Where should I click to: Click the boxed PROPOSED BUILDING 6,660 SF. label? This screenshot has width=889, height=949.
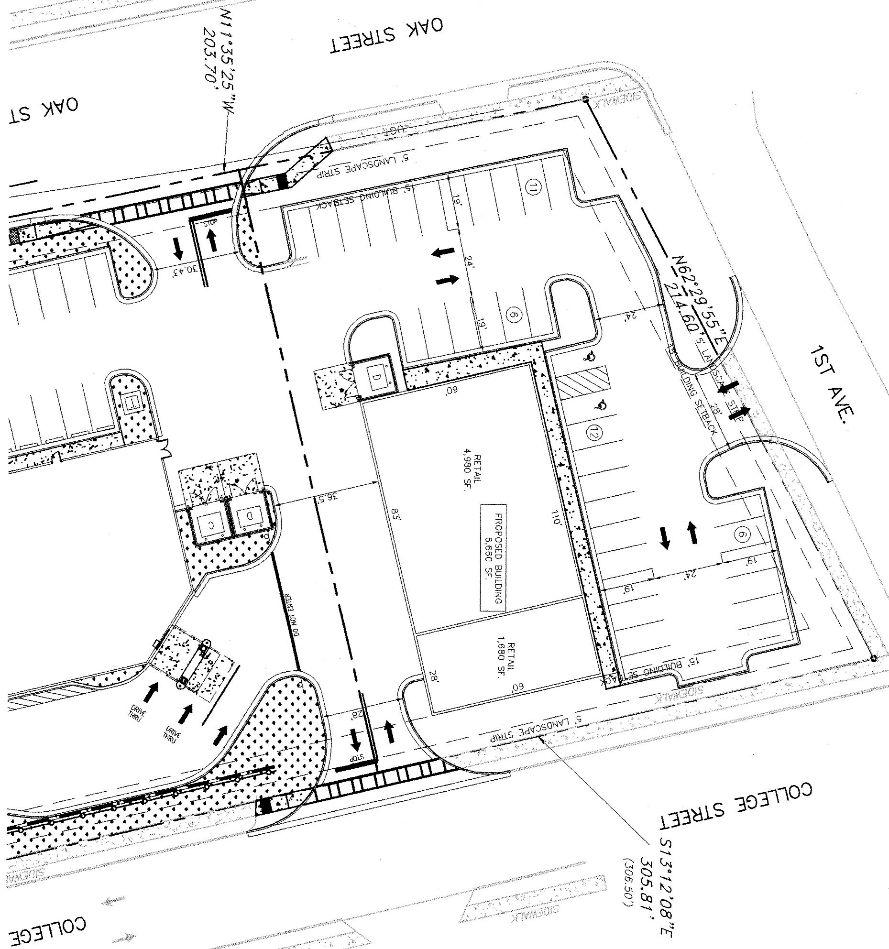pyautogui.click(x=492, y=557)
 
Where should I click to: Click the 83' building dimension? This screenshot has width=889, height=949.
pyautogui.click(x=395, y=515)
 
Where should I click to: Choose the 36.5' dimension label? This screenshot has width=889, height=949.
pyautogui.click(x=324, y=499)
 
